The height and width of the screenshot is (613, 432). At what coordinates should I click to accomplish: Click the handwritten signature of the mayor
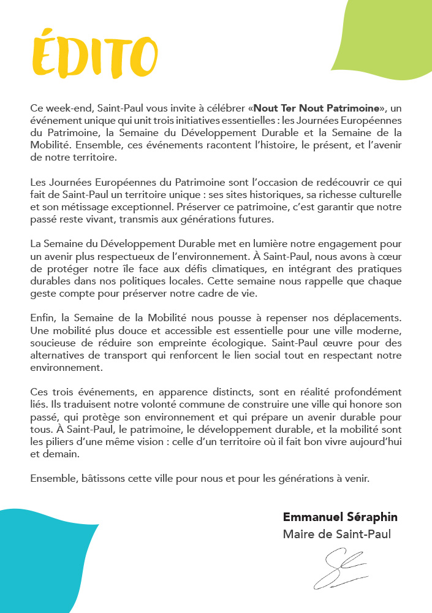341,568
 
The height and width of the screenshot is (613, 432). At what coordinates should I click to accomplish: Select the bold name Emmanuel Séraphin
340,517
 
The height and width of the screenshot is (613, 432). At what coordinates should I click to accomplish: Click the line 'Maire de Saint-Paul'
336,535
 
